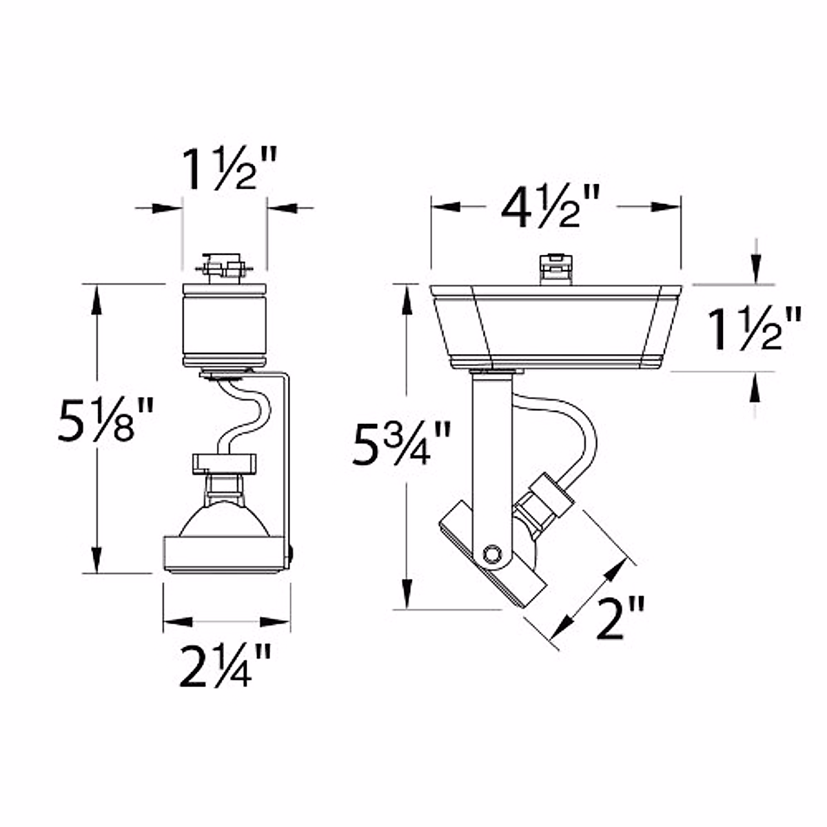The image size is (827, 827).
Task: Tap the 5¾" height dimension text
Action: [401, 443]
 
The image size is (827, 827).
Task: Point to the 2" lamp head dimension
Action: [618, 618]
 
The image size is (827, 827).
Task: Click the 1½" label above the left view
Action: [228, 170]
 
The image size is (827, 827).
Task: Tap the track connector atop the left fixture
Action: [223, 267]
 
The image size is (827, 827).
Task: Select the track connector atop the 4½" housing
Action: [557, 267]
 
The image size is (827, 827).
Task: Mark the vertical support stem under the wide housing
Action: [491, 455]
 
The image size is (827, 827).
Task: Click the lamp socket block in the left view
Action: [224, 464]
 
